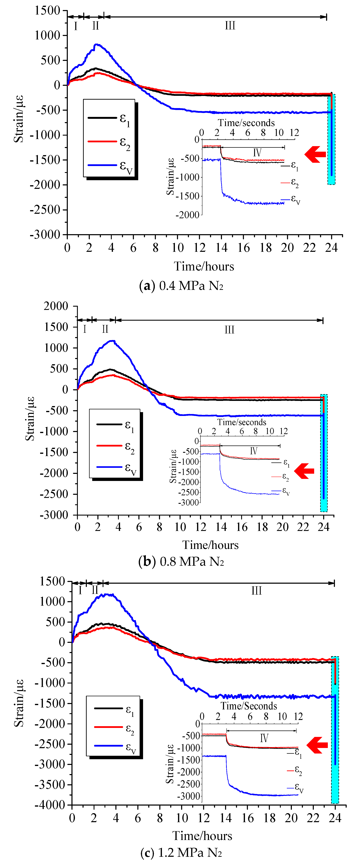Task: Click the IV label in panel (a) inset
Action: point(257,153)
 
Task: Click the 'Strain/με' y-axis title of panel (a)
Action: point(19,119)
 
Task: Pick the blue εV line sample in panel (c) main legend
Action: point(108,746)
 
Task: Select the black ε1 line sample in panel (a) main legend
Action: point(102,118)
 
